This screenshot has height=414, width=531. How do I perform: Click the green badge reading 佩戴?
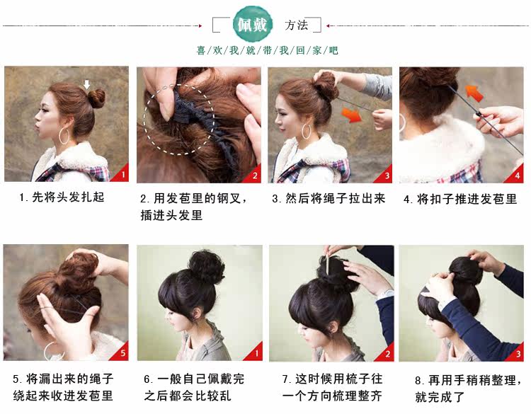(253, 25)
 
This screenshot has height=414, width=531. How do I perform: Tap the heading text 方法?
(297, 25)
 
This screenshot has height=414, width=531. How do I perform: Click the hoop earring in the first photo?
(65, 135)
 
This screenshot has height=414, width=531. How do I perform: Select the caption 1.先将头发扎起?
(62, 197)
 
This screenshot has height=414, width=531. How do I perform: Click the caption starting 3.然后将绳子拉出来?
(329, 199)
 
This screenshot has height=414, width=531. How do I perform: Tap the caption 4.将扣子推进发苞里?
(460, 199)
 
